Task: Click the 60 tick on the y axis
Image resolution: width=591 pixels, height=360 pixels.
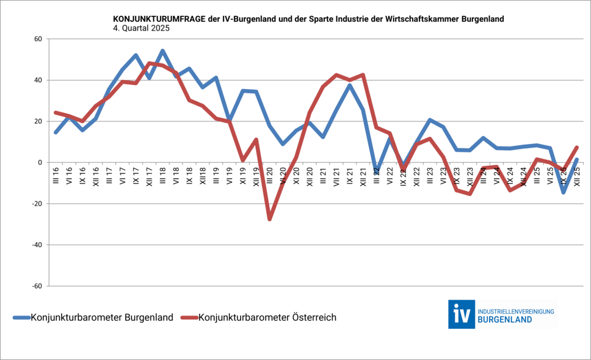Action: [37, 39]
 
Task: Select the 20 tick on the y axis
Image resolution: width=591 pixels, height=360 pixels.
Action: [37, 121]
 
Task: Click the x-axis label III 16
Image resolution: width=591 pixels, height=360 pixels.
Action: [56, 177]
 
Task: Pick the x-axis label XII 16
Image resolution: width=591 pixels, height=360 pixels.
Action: [96, 178]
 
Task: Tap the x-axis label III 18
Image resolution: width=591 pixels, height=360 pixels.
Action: [163, 177]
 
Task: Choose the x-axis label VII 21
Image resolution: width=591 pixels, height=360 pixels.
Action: [336, 178]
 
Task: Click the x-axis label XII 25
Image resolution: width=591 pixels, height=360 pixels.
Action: [577, 178]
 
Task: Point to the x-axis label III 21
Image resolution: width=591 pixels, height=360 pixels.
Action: [323, 177]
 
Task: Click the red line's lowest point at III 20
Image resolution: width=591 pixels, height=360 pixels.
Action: [270, 218]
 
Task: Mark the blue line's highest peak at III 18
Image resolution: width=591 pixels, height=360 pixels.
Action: [163, 51]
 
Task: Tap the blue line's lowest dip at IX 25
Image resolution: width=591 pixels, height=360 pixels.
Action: [564, 192]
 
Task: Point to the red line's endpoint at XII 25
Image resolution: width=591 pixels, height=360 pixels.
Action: [577, 147]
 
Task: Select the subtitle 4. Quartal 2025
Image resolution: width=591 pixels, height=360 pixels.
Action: [141, 28]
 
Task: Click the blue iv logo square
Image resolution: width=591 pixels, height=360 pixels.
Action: [461, 314]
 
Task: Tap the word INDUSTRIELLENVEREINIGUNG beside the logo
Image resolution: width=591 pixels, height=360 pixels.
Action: [516, 311]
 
